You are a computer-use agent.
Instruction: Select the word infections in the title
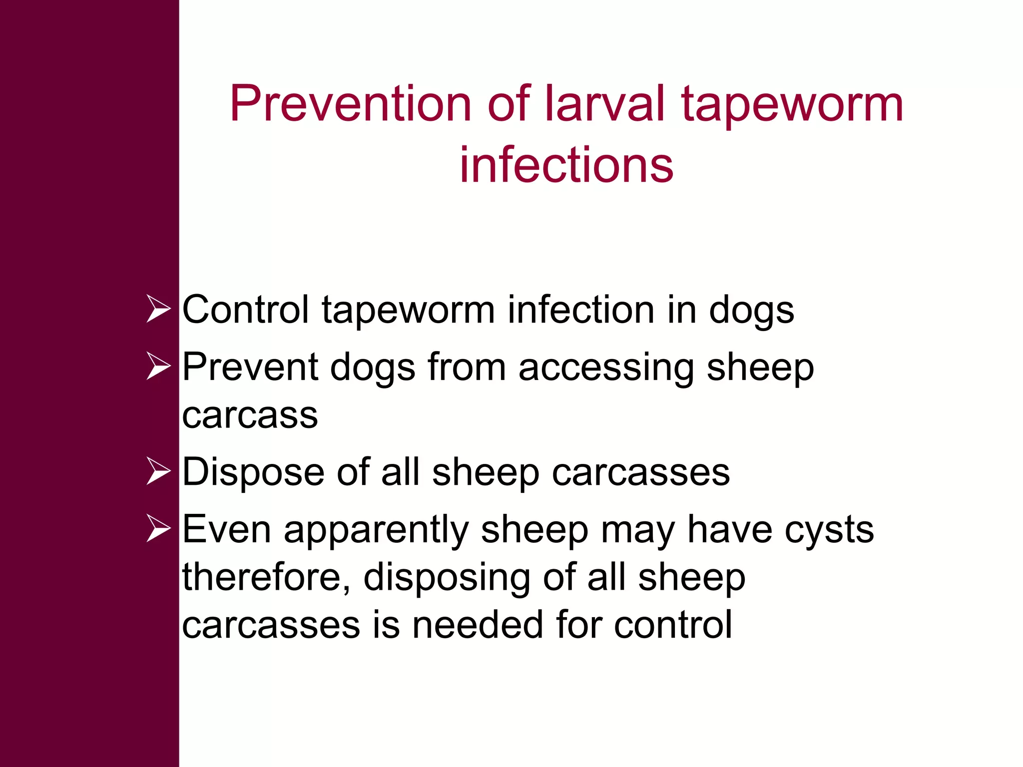coord(566,165)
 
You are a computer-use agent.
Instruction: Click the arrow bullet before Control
coord(158,309)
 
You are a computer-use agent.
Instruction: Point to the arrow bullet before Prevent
coord(158,366)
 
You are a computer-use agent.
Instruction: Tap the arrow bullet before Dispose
coord(158,471)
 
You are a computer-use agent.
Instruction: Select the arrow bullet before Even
coord(158,528)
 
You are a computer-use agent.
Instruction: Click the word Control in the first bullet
coord(245,310)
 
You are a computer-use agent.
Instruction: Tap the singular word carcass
coord(250,415)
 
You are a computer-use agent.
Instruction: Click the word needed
coord(478,625)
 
